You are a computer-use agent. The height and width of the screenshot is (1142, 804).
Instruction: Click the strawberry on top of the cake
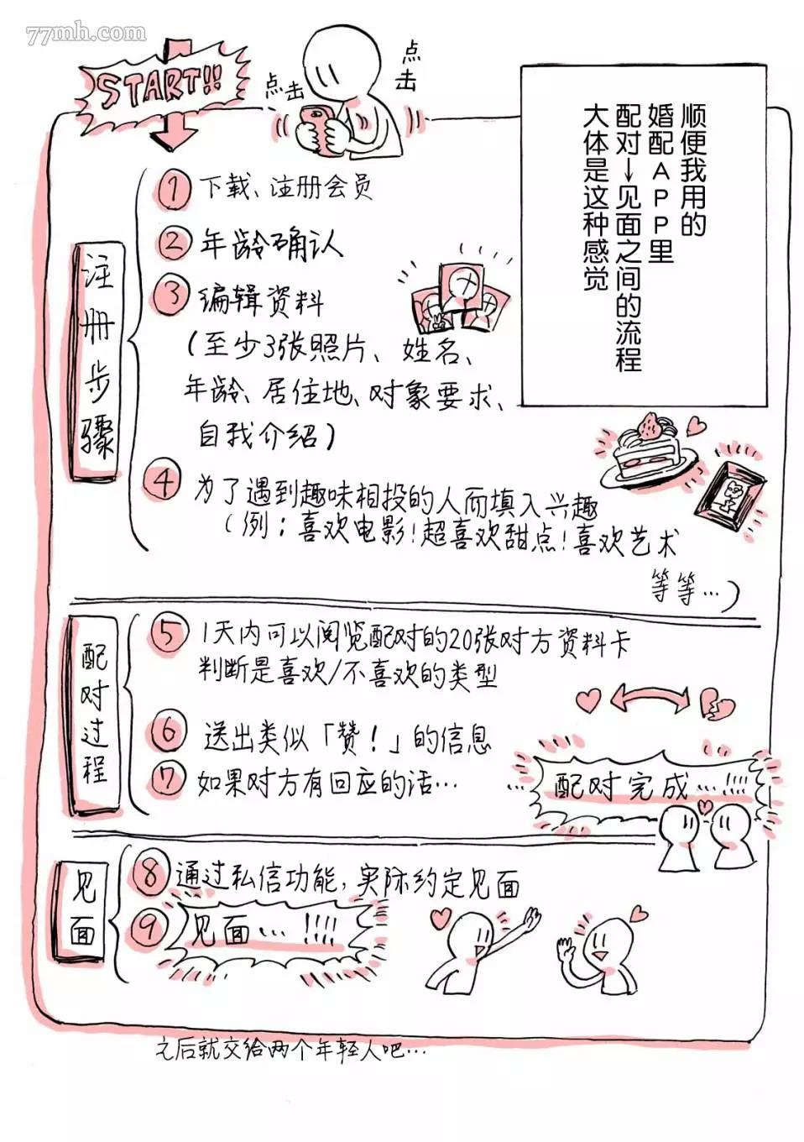coord(650,426)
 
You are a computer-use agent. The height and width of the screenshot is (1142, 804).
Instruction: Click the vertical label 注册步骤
coord(97,361)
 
